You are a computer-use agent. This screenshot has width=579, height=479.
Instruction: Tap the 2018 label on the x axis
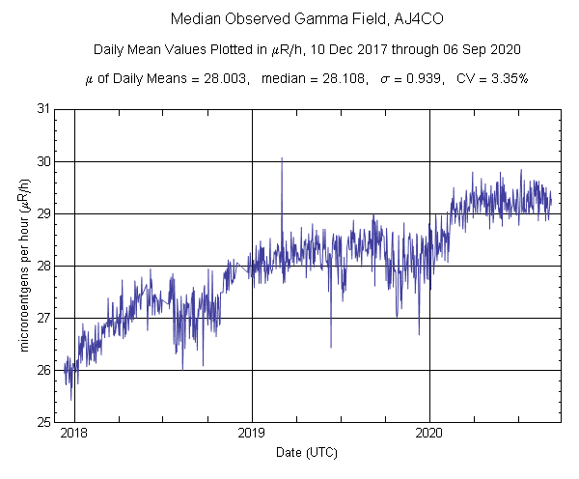click(x=73, y=435)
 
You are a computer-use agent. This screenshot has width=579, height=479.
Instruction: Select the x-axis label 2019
click(x=252, y=435)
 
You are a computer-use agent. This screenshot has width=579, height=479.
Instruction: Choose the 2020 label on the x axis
click(x=429, y=435)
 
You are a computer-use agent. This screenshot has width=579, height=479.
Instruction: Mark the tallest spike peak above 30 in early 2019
click(x=282, y=158)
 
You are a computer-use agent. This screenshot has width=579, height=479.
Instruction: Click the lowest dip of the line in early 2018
click(x=70, y=399)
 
